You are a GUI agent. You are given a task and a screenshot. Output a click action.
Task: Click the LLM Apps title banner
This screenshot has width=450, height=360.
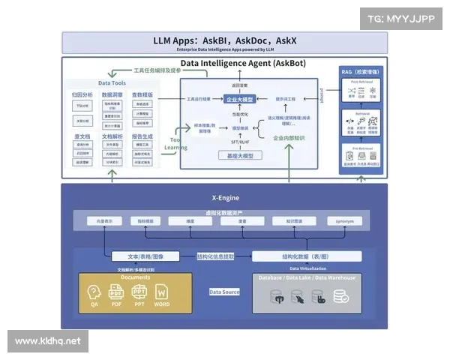[225, 42]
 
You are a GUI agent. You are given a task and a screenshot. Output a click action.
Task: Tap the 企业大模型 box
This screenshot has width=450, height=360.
[239, 99]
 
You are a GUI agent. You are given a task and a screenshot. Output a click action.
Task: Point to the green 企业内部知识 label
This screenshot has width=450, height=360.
[289, 138]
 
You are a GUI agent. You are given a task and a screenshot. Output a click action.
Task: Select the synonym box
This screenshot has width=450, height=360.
[345, 221]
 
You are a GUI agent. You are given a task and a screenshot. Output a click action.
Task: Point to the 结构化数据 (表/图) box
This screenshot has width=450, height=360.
[306, 256]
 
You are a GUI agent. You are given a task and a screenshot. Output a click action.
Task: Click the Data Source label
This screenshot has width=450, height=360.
[224, 292]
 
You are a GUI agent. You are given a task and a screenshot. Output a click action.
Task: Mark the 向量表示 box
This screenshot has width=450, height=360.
[103, 221]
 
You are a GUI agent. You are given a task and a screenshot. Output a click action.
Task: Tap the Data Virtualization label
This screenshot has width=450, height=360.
[307, 268]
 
